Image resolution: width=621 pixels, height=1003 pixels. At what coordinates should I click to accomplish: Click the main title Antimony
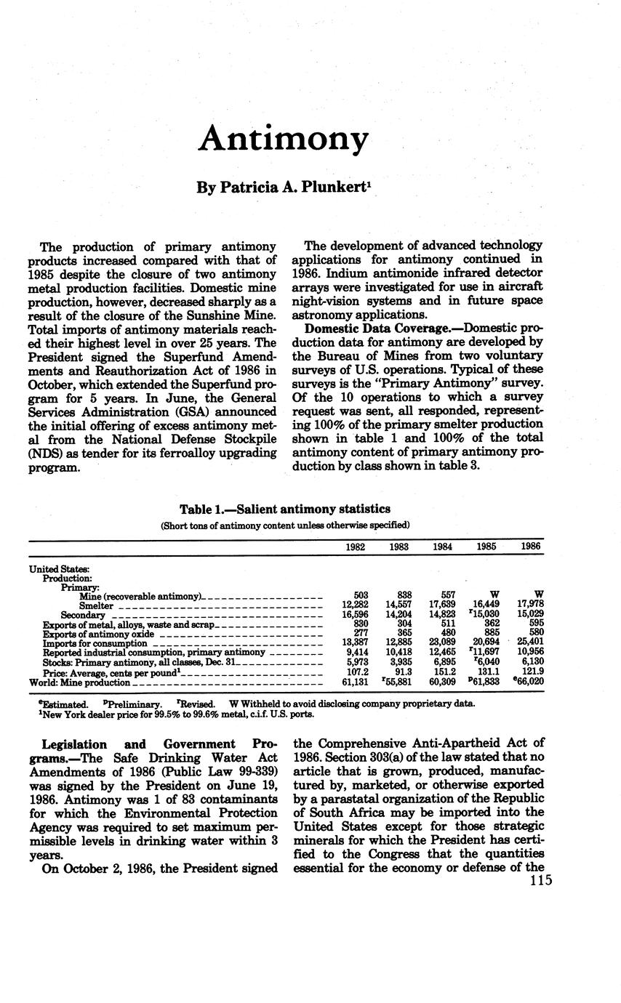(283, 138)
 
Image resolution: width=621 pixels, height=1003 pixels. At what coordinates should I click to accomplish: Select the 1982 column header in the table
(356, 547)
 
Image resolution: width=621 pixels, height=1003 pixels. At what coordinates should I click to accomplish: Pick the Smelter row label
(96, 605)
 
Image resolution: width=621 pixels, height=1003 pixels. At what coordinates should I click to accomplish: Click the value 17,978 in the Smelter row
(529, 605)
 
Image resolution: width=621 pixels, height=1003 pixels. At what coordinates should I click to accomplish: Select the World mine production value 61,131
(356, 683)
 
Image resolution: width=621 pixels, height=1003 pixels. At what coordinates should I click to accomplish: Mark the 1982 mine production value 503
(359, 595)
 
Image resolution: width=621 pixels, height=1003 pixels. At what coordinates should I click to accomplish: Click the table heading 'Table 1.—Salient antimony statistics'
(285, 509)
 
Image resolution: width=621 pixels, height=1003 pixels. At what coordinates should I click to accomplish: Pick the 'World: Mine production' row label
(79, 683)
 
